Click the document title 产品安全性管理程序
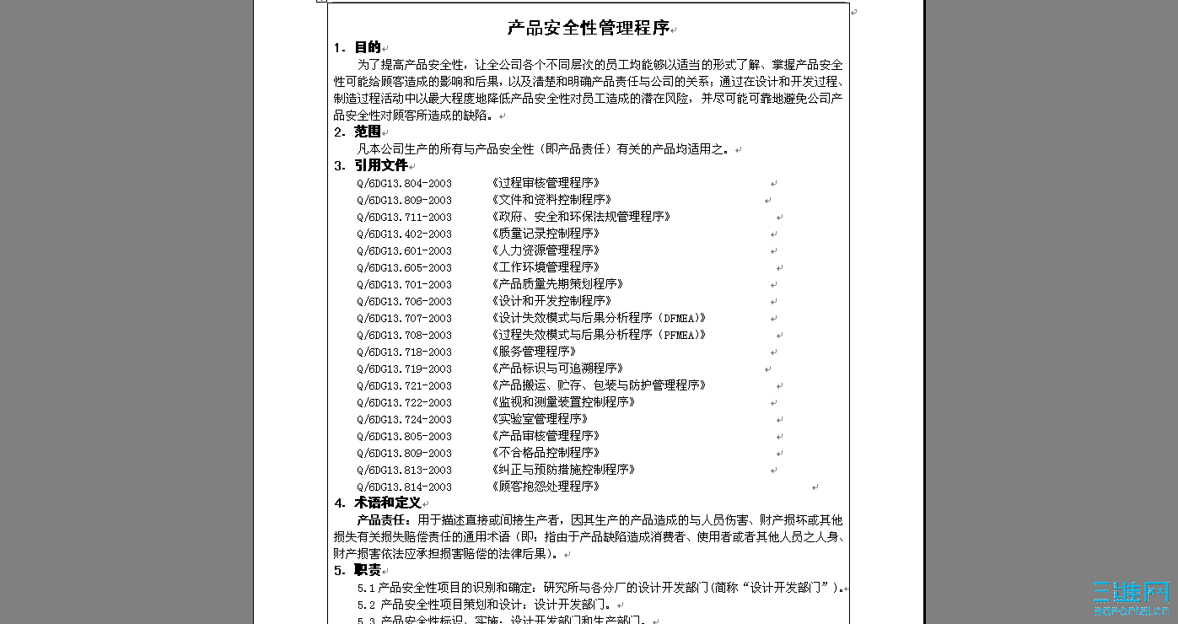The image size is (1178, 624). pos(588,28)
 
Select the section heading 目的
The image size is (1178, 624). pos(368,47)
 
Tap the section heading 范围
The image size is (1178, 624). pos(368,132)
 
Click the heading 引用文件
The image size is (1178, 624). pos(380,165)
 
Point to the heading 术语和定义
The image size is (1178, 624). pos(387,503)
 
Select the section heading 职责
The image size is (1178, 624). pos(368,570)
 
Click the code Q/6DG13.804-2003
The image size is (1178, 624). pos(404,183)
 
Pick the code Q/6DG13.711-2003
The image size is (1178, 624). pos(404,217)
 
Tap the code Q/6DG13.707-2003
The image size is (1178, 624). pos(404,318)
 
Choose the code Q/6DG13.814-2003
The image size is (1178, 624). pos(404,487)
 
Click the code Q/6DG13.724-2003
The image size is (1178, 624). pos(404,419)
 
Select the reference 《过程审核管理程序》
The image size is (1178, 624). pos(545,183)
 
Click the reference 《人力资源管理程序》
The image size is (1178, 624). pos(545,250)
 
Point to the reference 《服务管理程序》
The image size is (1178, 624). pos(533,352)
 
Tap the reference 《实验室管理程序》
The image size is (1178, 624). pos(539,419)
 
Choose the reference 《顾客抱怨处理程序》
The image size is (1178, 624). pos(545,487)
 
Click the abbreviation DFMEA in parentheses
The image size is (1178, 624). pos(680,318)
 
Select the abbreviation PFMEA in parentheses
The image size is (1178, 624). pos(680,335)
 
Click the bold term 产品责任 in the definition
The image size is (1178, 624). pos(384,520)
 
